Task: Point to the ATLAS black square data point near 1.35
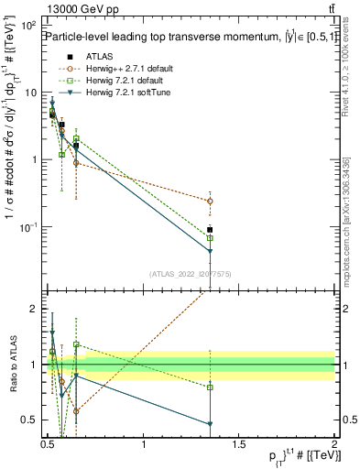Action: (x=210, y=230)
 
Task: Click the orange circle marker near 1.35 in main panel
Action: (x=210, y=201)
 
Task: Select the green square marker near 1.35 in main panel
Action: (x=210, y=238)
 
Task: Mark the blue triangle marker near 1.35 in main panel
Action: (x=210, y=251)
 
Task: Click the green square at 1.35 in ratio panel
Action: (x=210, y=387)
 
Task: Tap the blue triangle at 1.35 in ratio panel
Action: (x=210, y=424)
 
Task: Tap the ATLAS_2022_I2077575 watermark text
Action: (x=190, y=274)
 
